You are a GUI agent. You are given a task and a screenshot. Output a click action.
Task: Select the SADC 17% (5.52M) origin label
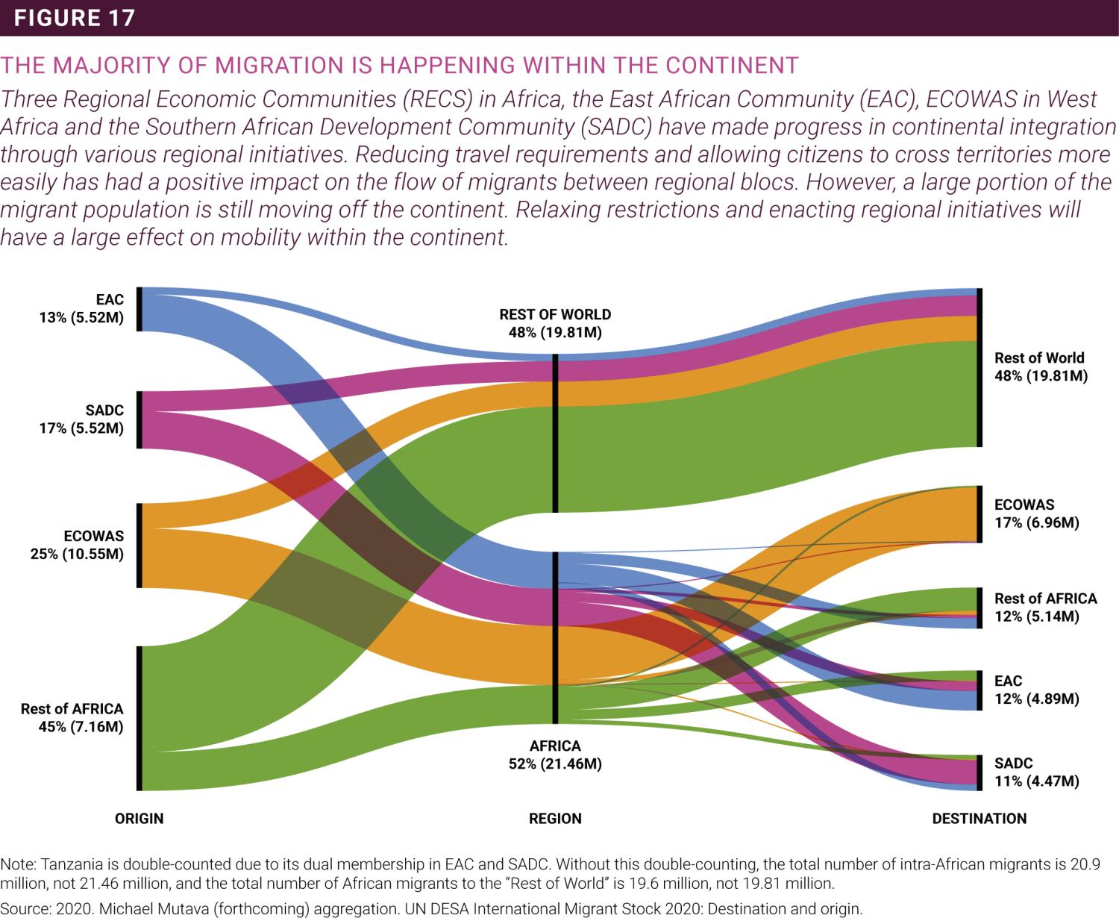(x=82, y=419)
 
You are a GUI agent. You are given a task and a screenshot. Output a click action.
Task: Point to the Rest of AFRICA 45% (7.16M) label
(x=72, y=718)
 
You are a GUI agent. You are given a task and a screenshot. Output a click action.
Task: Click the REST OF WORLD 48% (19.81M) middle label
(x=555, y=323)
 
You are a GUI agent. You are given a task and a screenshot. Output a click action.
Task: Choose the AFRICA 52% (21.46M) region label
(x=555, y=755)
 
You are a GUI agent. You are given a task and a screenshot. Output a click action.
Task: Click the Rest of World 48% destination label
(x=1041, y=366)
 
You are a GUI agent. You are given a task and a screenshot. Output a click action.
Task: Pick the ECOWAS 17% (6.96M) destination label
(x=1037, y=513)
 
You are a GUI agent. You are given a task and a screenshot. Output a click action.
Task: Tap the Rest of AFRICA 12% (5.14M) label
(x=1045, y=608)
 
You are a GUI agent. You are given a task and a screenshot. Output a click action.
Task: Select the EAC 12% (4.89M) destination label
(x=1037, y=690)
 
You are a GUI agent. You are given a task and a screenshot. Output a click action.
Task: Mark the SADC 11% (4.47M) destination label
(x=1037, y=772)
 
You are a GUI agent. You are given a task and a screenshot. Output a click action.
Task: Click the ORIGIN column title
(x=139, y=819)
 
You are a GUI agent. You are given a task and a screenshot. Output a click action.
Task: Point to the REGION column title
(x=555, y=819)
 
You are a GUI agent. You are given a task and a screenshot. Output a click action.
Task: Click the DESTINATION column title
(x=979, y=819)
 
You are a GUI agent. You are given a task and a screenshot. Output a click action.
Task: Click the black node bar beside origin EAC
(x=140, y=308)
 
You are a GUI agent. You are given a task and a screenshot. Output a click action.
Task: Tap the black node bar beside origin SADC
(x=140, y=419)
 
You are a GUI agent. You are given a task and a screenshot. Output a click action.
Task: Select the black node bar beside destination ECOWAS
(x=979, y=514)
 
